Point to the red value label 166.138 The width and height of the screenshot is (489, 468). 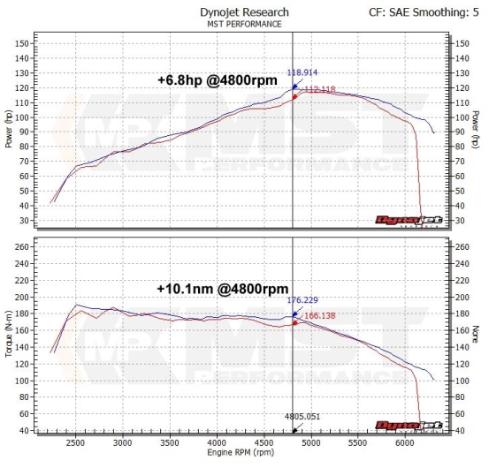click(321, 313)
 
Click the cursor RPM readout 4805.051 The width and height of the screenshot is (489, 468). click(302, 416)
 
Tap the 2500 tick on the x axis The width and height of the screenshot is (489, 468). click(76, 442)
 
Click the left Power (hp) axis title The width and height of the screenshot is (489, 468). click(9, 131)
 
